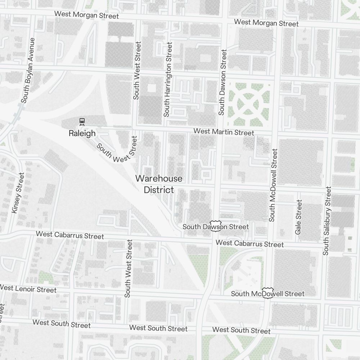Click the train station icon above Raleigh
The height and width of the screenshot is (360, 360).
pos(82,121)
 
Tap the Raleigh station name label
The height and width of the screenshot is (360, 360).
pos(82,134)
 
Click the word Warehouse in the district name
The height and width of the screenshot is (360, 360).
pos(159,179)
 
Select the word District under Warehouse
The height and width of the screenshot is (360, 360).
pos(159,190)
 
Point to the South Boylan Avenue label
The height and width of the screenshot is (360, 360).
pos(28,70)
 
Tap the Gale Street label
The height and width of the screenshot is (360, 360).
pos(298,217)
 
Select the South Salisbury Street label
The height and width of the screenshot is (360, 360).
pos(327,221)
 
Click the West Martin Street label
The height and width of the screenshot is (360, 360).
pos(224,132)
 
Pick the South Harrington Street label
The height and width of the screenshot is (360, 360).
pos(168,79)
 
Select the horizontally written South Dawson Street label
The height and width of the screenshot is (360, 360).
pos(215,227)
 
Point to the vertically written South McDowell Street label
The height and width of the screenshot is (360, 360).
pos(273,185)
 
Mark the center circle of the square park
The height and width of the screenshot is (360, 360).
pos(249,104)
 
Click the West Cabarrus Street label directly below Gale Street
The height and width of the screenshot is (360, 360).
pos(249,244)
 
